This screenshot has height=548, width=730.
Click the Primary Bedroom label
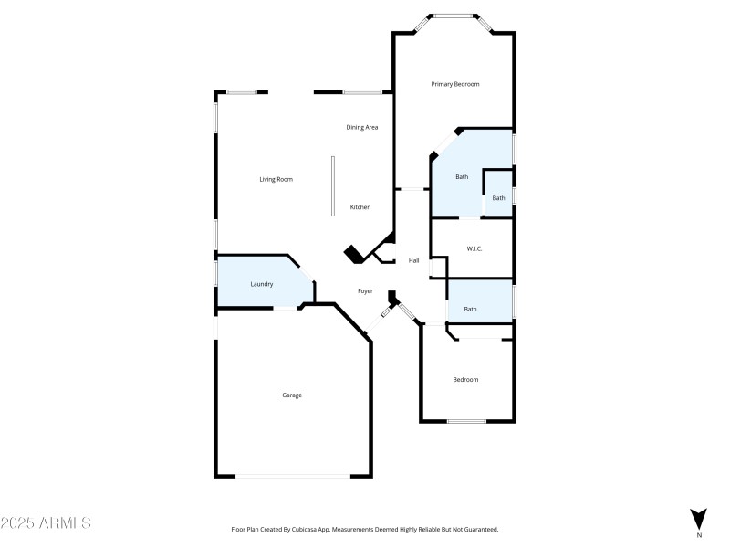click(455, 84)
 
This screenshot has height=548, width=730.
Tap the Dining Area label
click(361, 127)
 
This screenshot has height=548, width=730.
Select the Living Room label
click(276, 179)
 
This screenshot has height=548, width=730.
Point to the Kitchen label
click(360, 207)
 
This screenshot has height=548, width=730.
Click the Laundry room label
click(261, 284)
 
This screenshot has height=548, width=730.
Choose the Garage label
click(291, 395)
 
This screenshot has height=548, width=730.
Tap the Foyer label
click(365, 291)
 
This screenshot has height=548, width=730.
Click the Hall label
click(413, 260)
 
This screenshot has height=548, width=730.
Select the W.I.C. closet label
click(474, 248)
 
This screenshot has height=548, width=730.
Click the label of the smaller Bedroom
click(465, 379)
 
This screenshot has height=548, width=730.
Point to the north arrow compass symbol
click(699, 517)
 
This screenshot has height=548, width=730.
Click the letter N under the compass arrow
click(699, 532)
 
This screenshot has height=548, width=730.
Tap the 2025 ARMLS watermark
click(46, 523)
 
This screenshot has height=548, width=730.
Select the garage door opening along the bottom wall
click(292, 475)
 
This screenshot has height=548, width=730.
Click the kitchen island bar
click(333, 186)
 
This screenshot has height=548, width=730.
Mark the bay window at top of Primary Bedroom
click(455, 16)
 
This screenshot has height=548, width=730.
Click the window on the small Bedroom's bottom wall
click(466, 421)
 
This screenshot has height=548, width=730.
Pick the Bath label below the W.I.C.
click(470, 309)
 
